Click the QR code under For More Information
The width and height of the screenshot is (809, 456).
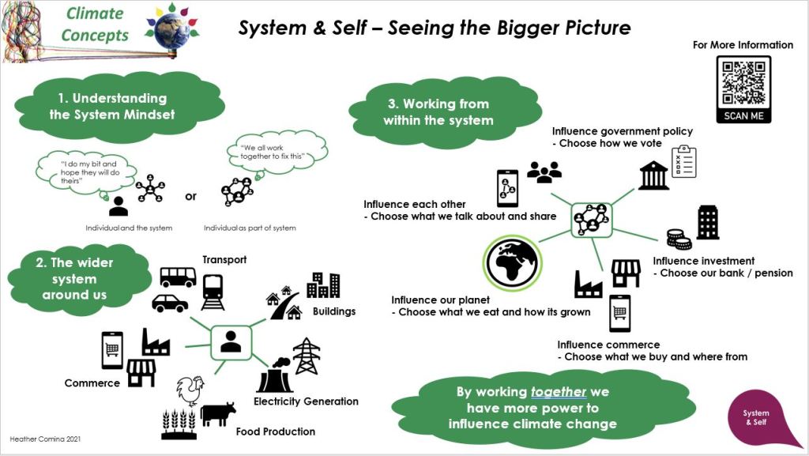[x=743, y=82]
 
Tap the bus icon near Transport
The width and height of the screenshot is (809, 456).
[x=178, y=277]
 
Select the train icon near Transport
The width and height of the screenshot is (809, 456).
[x=213, y=292]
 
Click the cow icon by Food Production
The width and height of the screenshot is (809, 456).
[x=218, y=414]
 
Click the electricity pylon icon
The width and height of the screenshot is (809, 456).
[x=307, y=356]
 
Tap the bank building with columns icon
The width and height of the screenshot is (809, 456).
[x=653, y=175]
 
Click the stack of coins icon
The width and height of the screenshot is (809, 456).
[x=678, y=238]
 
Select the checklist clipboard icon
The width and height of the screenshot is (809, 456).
[x=683, y=163]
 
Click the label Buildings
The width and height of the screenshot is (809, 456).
[x=334, y=311]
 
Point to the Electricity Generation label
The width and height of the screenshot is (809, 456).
[x=306, y=401]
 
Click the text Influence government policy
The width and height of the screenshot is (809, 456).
[x=623, y=131]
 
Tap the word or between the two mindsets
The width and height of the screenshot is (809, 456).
[x=190, y=197]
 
